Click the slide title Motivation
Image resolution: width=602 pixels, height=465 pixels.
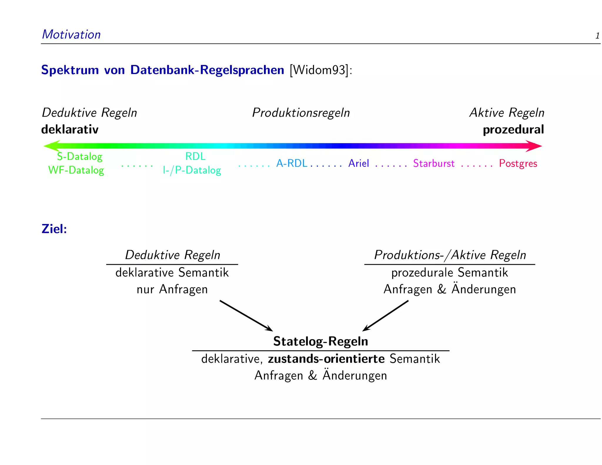[71, 34]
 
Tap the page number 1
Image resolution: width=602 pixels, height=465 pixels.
[597, 36]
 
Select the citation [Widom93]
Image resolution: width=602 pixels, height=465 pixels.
[319, 70]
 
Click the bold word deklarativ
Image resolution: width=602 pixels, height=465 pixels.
[70, 130]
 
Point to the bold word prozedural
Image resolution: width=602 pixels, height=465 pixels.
[513, 130]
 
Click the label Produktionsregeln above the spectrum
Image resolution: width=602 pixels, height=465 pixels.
[301, 113]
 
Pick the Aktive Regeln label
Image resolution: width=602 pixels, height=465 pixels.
[507, 113]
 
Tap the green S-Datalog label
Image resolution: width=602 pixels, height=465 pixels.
[80, 156]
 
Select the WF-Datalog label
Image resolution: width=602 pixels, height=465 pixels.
[76, 170]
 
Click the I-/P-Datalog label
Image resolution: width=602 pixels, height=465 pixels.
[192, 170]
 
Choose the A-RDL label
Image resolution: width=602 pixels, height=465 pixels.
[292, 163]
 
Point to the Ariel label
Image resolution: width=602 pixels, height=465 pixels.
[359, 163]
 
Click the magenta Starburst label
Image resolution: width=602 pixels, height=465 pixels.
[434, 163]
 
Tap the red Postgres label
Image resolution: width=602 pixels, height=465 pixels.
[518, 163]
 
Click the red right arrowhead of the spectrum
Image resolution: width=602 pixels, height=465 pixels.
[534, 146]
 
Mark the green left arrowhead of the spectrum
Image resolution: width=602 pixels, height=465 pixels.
[51, 146]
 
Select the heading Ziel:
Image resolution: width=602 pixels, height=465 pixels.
[54, 229]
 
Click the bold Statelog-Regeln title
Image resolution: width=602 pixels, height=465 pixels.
[320, 341]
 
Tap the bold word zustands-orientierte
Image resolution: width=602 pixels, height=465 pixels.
[326, 359]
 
